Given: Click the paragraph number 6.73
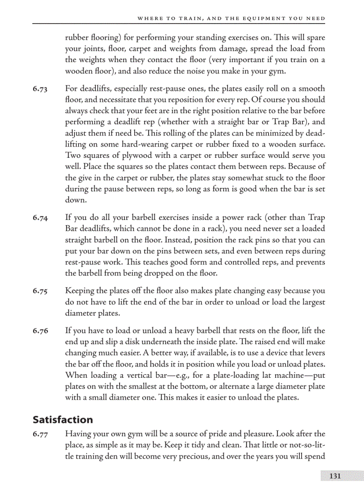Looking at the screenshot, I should (x=40, y=89).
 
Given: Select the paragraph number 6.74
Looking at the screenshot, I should (x=40, y=218).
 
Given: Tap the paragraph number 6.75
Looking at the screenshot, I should (x=40, y=291).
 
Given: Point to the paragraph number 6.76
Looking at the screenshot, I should (x=40, y=331).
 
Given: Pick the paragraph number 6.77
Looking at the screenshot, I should (x=40, y=434).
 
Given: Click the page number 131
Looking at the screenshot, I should (x=335, y=476).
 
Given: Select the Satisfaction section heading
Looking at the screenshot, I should (x=62, y=420).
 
